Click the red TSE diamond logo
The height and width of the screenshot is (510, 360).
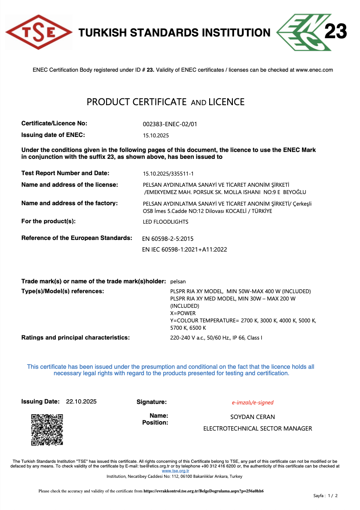[x=38, y=32]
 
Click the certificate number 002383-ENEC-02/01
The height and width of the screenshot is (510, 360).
[x=170, y=124]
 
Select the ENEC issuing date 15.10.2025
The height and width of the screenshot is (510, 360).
[x=156, y=135]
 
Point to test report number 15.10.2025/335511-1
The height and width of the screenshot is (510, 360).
[x=168, y=174]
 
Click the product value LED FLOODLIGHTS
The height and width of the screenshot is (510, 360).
[x=165, y=222]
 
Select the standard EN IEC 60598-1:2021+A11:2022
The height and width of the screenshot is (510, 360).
[x=184, y=249]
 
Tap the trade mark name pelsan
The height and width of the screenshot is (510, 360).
[x=178, y=282]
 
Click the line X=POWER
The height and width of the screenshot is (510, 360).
[x=183, y=313]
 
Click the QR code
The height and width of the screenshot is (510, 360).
[x=47, y=429]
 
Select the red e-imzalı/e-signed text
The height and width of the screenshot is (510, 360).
[x=253, y=403]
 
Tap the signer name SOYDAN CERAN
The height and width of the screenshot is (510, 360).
[x=253, y=417]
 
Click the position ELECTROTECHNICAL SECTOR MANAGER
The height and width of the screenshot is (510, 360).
[x=257, y=428]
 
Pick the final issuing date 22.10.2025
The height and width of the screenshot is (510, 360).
[x=81, y=402]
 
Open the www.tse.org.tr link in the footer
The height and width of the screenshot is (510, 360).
[x=175, y=471]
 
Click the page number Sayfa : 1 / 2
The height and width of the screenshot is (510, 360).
[x=326, y=496]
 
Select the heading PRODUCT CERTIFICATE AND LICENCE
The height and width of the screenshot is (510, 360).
[x=165, y=102]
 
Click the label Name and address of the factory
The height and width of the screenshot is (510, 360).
[x=70, y=203]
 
